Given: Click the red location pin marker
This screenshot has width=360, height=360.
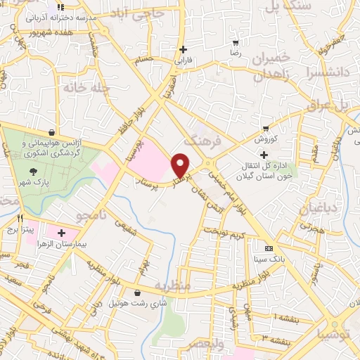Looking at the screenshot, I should (181, 165).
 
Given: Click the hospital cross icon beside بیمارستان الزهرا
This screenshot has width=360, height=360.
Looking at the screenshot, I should (61, 233).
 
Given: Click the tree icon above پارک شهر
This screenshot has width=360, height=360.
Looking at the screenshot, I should (33, 170).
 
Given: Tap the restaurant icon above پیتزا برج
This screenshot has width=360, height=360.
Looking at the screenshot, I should (21, 217).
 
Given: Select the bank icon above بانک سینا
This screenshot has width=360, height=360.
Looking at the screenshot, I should (268, 249).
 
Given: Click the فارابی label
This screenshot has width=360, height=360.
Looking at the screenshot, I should (184, 60).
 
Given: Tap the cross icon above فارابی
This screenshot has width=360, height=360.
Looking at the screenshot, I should (184, 49).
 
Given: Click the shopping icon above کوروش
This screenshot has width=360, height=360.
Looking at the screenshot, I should (266, 129).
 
